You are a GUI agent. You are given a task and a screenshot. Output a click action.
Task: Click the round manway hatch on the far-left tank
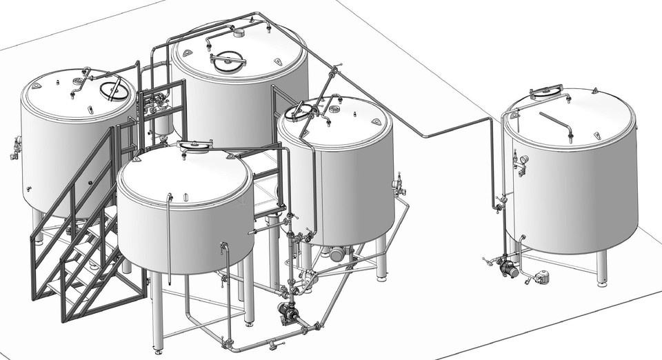pos(114,90)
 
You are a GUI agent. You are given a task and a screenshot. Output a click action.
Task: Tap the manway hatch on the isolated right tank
pos(546,90)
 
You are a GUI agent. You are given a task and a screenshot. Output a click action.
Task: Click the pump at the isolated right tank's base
pos(509,268)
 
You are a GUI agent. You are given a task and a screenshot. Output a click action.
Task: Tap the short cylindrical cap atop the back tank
pos(239,32)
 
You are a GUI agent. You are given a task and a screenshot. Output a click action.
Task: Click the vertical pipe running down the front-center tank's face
pos(169,228)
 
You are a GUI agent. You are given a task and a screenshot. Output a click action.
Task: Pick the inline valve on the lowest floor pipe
pos(272,343)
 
